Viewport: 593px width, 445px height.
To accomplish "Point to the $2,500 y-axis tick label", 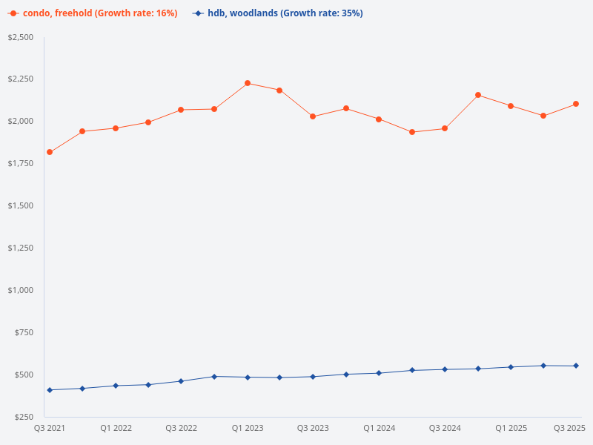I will pyautogui.click(x=21, y=37).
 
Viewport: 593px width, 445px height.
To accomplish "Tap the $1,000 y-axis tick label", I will pyautogui.click(x=21, y=290).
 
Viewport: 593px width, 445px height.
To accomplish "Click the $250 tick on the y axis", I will pyautogui.click(x=25, y=417).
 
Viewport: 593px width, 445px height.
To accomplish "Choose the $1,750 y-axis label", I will pyautogui.click(x=21, y=163).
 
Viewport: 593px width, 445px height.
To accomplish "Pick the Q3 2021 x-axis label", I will pyautogui.click(x=49, y=428).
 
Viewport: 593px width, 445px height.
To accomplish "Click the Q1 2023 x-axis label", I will pyautogui.click(x=247, y=428).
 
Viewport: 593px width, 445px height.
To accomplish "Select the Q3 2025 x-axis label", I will pyautogui.click(x=570, y=428).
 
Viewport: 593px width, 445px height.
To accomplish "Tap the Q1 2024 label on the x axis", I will pyautogui.click(x=379, y=428).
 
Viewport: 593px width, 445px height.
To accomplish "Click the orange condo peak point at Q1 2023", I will pyautogui.click(x=247, y=83).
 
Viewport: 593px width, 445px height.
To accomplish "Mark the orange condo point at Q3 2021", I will pyautogui.click(x=50, y=152).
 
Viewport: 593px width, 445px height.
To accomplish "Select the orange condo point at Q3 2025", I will pyautogui.click(x=576, y=104).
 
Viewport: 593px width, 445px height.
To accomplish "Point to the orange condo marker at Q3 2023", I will pyautogui.click(x=313, y=116).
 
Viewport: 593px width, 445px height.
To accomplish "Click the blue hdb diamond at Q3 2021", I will pyautogui.click(x=50, y=390).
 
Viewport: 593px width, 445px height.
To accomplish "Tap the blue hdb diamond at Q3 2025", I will pyautogui.click(x=576, y=366).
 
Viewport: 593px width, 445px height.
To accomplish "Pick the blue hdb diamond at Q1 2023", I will pyautogui.click(x=247, y=377).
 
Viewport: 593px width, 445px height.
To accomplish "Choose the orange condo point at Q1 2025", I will pyautogui.click(x=511, y=106).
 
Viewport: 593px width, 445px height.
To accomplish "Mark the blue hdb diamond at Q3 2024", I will pyautogui.click(x=445, y=369).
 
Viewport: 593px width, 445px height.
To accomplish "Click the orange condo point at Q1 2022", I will pyautogui.click(x=116, y=128).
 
